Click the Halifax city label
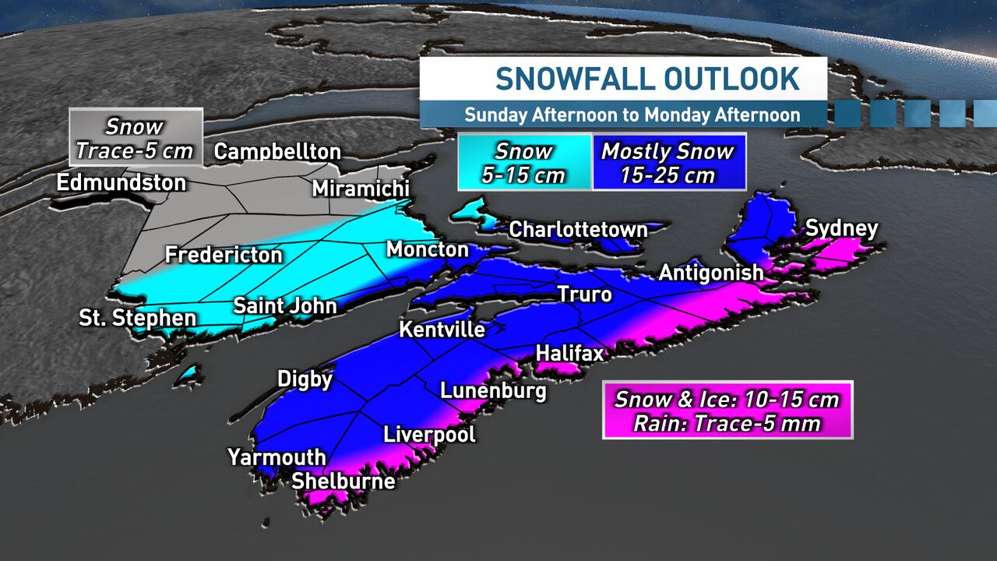pyautogui.click(x=569, y=354)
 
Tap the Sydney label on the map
pyautogui.click(x=841, y=229)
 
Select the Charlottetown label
pyautogui.click(x=578, y=230)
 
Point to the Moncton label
pyautogui.click(x=428, y=249)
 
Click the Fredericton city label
pyautogui.click(x=224, y=255)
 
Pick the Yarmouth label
pyautogui.click(x=277, y=457)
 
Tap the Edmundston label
pyautogui.click(x=122, y=183)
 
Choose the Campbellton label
pyautogui.click(x=277, y=151)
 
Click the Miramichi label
pyautogui.click(x=361, y=189)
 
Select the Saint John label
pyautogui.click(x=285, y=305)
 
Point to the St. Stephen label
pyautogui.click(x=138, y=318)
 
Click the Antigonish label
pyautogui.click(x=710, y=273)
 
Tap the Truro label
pyautogui.click(x=584, y=295)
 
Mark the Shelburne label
pyautogui.click(x=343, y=482)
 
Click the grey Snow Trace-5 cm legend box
pyautogui.click(x=135, y=138)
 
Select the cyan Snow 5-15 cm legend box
pyautogui.click(x=523, y=162)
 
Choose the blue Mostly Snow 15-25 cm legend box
pyautogui.click(x=668, y=162)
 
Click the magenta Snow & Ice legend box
pyautogui.click(x=727, y=411)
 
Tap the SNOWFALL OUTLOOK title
pyautogui.click(x=646, y=79)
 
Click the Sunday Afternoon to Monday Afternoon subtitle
pyautogui.click(x=632, y=115)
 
